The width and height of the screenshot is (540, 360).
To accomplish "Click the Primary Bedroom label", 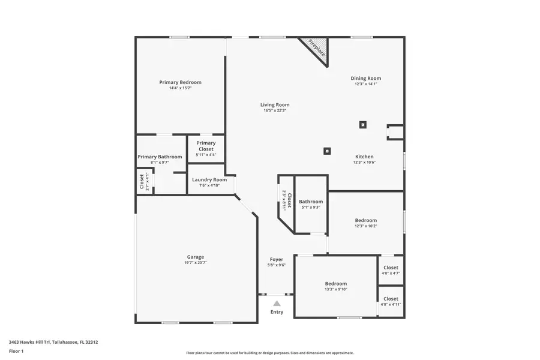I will coord(180,82).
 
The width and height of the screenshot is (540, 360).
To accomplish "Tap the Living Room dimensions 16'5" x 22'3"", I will coord(275,110).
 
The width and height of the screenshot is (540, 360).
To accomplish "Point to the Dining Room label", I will coord(366,78).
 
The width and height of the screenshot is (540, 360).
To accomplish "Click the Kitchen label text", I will coord(364,157).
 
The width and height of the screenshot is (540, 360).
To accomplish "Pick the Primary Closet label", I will coord(206,146).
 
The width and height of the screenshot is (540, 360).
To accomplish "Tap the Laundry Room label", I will coord(209,179).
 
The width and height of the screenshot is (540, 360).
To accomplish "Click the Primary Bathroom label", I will coord(160,157).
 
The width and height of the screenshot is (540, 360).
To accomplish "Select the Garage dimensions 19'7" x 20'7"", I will coord(196,263).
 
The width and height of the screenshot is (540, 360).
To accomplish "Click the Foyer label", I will coord(276,259).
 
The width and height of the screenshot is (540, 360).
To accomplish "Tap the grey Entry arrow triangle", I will coord(277,304).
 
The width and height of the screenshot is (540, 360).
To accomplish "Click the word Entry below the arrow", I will coord(277,312).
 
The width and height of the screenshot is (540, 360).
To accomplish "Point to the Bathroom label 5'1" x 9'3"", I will coord(311,202).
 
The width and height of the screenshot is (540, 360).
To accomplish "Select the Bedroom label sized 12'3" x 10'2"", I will coord(366,220).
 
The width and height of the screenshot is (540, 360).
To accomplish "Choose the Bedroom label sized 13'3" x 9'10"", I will coord(336,284).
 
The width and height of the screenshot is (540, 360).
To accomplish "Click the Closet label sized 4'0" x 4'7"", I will coord(391,268).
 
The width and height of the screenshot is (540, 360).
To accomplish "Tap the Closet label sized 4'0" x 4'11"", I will coord(391,298).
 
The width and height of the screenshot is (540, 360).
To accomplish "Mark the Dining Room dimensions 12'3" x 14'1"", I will coord(366,84).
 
